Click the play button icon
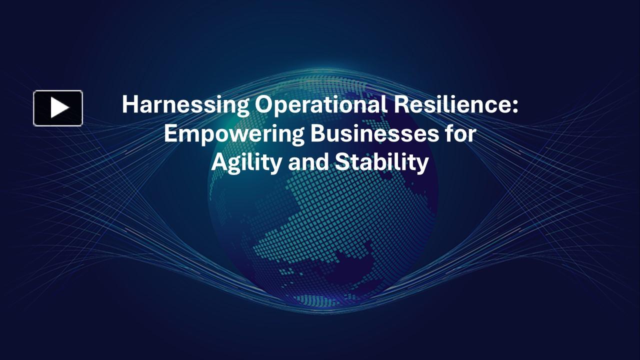tap(58, 108)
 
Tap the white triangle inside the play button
tap(59, 108)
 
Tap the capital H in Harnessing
tap(129, 105)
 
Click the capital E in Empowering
tap(170, 134)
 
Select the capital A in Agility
tap(219, 163)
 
